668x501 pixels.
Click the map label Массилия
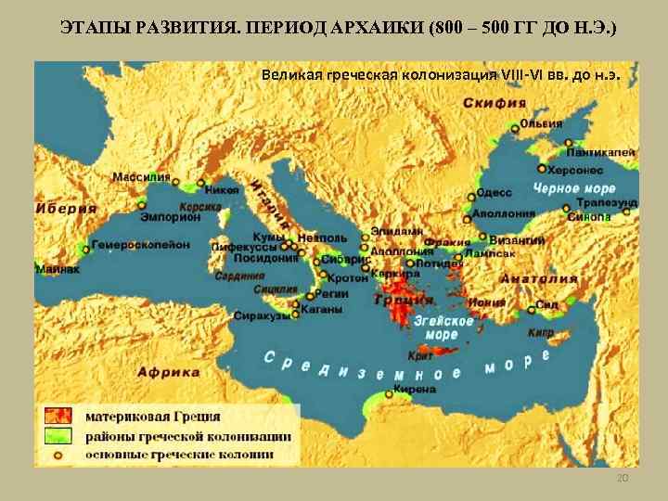pyautogui.click(x=141, y=176)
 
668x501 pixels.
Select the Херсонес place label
pyautogui.click(x=574, y=171)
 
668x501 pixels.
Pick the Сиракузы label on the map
pyautogui.click(x=261, y=316)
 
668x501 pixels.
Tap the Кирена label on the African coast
pyautogui.click(x=414, y=390)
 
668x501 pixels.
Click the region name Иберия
pyautogui.click(x=66, y=209)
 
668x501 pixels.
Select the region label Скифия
pyautogui.click(x=496, y=103)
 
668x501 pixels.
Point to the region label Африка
pyautogui.click(x=169, y=372)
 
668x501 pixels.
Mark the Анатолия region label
pyautogui.click(x=539, y=279)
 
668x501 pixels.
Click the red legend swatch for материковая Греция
pyautogui.click(x=59, y=417)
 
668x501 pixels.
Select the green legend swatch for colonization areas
pyautogui.click(x=59, y=436)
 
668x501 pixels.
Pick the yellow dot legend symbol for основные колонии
pyautogui.click(x=58, y=455)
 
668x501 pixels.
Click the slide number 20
pyautogui.click(x=623, y=478)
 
